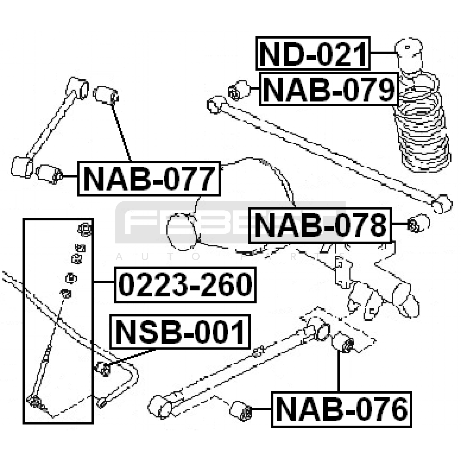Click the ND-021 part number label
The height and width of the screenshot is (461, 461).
coord(313,53)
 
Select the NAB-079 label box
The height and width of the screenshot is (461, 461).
coord(329,89)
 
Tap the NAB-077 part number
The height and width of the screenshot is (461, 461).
coord(149,179)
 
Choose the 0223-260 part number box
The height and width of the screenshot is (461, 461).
coord(185,285)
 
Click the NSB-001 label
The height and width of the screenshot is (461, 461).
coord(180,332)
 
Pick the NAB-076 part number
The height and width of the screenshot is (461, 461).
coord(341,409)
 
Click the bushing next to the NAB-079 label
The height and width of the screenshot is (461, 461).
coord(239,90)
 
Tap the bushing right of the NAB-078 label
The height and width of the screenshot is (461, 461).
coord(418,223)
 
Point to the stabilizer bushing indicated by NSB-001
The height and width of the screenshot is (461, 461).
coord(103,369)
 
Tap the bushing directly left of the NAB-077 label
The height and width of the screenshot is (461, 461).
coord(49,173)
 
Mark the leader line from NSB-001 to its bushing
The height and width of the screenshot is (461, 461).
coord(130,357)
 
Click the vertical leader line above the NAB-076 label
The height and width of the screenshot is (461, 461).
coord(339,372)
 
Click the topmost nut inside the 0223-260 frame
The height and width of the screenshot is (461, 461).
coord(84,229)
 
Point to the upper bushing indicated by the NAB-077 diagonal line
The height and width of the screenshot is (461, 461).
coord(105,95)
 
